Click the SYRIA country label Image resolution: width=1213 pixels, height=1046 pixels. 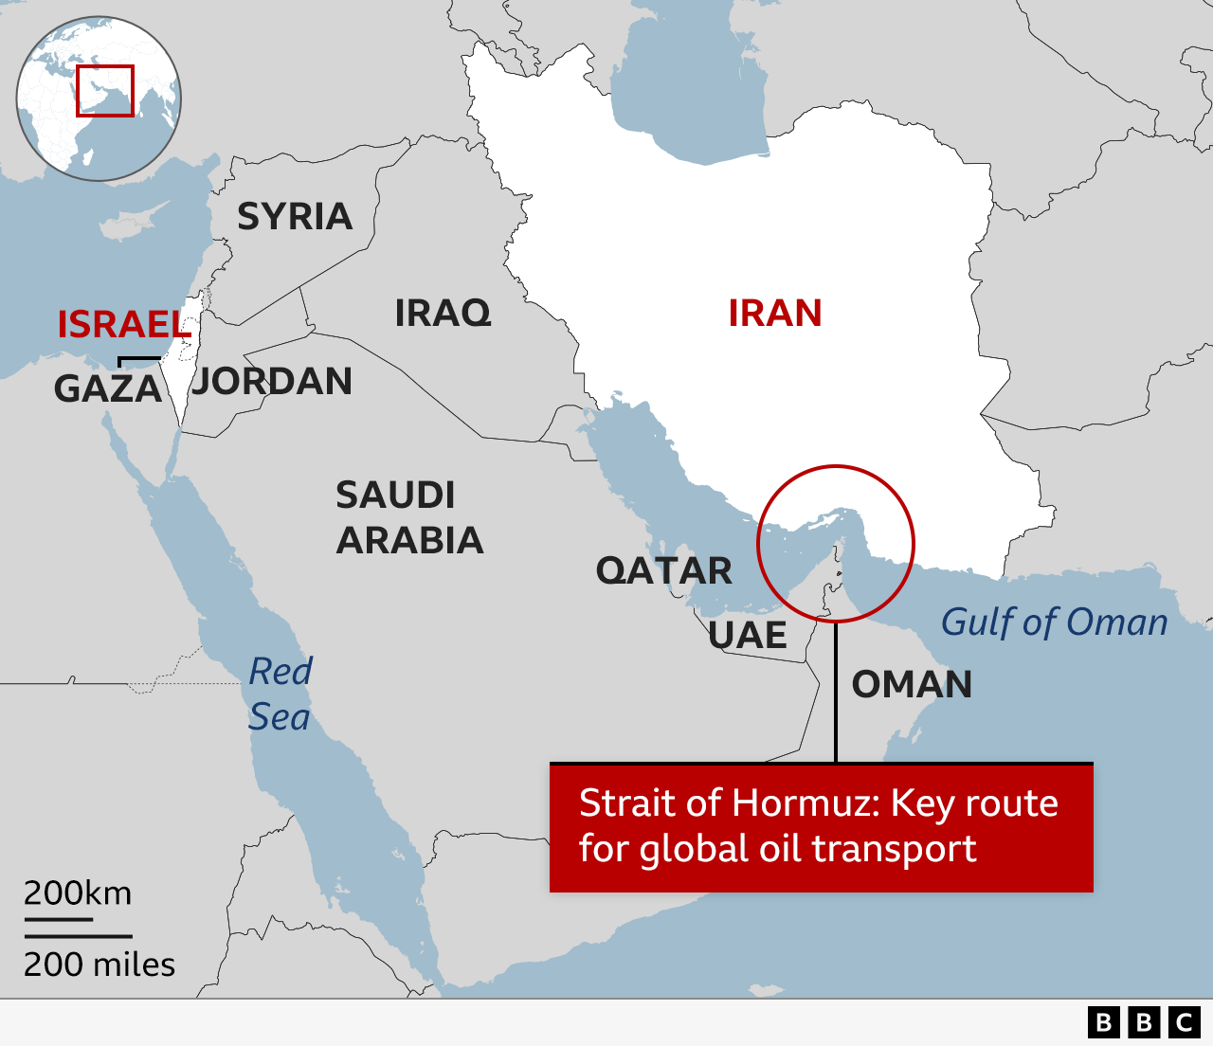[x=295, y=217]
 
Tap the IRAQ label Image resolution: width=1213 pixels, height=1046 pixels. [x=443, y=313]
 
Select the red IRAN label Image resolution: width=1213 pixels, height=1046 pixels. [x=774, y=314]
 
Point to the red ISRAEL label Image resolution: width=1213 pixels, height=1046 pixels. [x=124, y=325]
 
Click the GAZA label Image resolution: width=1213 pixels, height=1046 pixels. [x=108, y=389]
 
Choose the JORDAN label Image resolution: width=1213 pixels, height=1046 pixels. [x=272, y=382]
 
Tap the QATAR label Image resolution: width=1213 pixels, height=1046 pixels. [x=663, y=571]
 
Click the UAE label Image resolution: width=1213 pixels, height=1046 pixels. [x=748, y=636]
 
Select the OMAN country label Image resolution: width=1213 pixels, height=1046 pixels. [x=912, y=685]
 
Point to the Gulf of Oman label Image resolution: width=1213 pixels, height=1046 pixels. [x=1054, y=622]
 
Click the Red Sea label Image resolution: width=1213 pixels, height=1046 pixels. [x=280, y=694]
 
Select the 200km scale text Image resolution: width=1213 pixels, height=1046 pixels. [x=78, y=893]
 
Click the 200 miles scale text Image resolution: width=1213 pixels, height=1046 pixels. [x=100, y=965]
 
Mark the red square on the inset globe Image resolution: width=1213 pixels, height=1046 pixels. [x=105, y=91]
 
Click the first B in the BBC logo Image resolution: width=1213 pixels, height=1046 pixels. [x=1103, y=1022]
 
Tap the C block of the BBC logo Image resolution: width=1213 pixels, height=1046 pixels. [x=1185, y=1022]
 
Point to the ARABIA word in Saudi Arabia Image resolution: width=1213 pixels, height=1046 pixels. [x=409, y=541]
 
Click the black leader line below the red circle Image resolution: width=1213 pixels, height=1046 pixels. [x=836, y=692]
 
